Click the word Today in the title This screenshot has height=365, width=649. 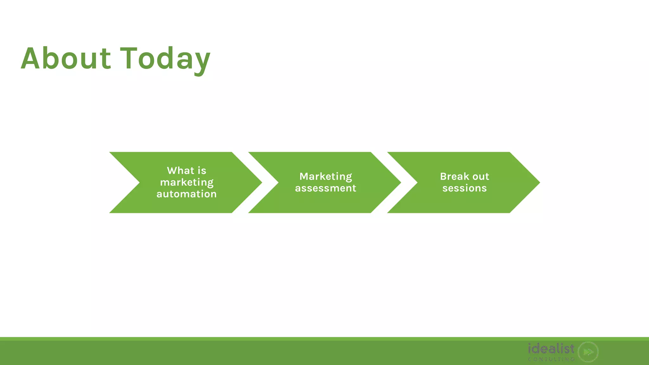coord(165,59)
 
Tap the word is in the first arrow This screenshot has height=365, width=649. coord(202,171)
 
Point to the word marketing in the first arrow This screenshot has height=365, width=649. coord(187,182)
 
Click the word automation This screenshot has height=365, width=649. coord(187,194)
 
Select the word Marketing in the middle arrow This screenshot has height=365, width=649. coord(325,176)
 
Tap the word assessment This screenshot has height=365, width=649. coord(325,188)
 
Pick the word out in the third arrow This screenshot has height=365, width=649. coord(481,176)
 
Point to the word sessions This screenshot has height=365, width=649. coord(465,188)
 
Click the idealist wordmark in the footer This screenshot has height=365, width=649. coord(551,349)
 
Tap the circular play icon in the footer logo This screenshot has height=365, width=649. coord(588,352)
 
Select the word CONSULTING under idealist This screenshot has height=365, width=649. coord(551,359)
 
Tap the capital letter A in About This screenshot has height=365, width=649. coord(31,59)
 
